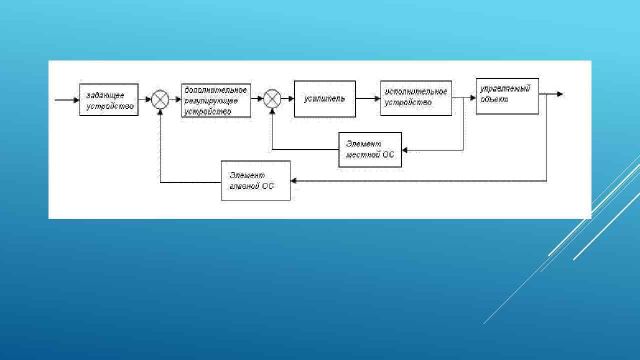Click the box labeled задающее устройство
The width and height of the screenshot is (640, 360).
(x=108, y=99)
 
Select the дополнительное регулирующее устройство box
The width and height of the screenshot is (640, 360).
(x=216, y=100)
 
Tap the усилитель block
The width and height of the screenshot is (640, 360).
(x=324, y=99)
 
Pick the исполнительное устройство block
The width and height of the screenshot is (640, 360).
(x=416, y=98)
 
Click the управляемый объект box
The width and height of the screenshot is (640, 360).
(x=507, y=96)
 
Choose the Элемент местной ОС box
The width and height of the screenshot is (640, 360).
(x=370, y=149)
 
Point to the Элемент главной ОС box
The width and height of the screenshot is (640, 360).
(x=255, y=180)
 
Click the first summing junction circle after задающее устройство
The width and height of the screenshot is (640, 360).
(x=160, y=99)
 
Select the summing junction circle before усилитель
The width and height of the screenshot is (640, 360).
(x=272, y=99)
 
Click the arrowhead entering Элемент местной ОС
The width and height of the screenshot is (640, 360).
(x=405, y=149)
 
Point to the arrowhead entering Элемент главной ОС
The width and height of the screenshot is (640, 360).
(x=293, y=181)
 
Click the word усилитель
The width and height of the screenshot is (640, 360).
(x=324, y=98)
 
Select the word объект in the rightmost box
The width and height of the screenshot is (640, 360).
(x=494, y=99)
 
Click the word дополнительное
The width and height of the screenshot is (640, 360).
(x=215, y=90)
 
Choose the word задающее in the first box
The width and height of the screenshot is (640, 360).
(x=105, y=95)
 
